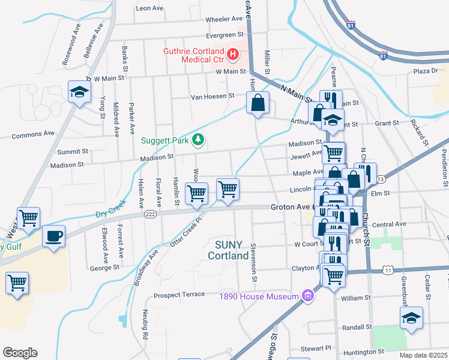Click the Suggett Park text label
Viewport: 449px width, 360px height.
pyautogui.click(x=165, y=141)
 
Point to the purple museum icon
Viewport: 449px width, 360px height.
pyautogui.click(x=308, y=296)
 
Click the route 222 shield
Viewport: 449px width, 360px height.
pyautogui.click(x=150, y=214)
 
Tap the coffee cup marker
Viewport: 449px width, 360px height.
pyautogui.click(x=53, y=236)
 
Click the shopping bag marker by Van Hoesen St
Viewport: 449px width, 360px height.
pyautogui.click(x=258, y=102)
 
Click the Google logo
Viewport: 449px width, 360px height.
pyautogui.click(x=20, y=353)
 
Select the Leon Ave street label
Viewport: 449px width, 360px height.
pyautogui.click(x=149, y=8)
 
